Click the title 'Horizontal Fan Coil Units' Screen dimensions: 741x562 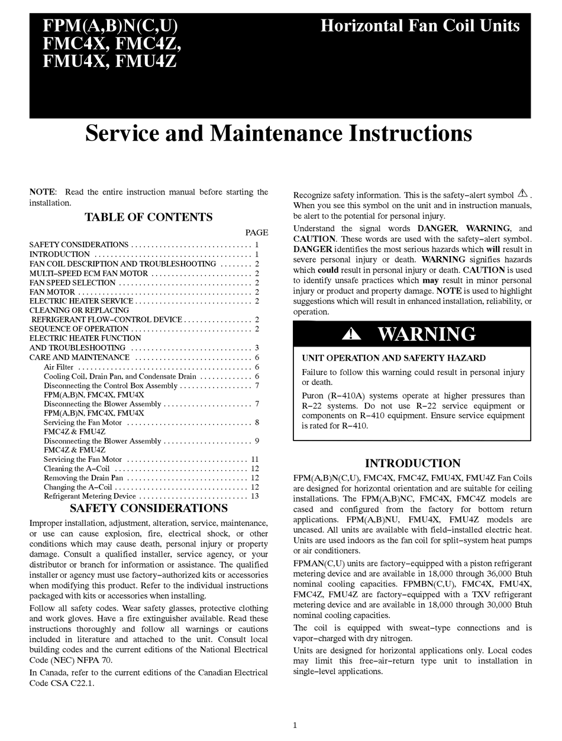pos(419,26)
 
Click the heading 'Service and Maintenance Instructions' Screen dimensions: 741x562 pos(279,133)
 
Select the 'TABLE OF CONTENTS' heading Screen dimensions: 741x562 pos(148,217)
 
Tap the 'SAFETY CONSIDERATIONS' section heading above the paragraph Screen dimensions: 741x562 pos(148,508)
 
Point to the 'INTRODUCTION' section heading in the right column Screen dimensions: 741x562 pos(412,463)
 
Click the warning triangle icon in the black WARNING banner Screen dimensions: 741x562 pos(351,334)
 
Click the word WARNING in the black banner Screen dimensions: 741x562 pos(427,334)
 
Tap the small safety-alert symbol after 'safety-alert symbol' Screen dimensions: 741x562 pos(522,194)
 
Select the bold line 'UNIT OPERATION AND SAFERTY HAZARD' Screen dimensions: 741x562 pos(393,358)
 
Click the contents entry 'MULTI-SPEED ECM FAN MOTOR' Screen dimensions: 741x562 pos(89,274)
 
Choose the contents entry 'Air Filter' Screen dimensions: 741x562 pos(58,367)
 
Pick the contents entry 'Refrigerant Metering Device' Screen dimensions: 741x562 pos(90,496)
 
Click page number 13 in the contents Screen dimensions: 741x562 pos(255,496)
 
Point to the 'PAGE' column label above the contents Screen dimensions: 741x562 pos(257,232)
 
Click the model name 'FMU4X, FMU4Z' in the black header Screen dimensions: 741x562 pos(109,62)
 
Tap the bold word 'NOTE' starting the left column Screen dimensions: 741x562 pos(42,192)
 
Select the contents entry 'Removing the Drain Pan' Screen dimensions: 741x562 pos(83,478)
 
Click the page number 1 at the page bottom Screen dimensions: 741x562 pos(295,726)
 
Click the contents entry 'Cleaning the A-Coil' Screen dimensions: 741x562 pos(77,468)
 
